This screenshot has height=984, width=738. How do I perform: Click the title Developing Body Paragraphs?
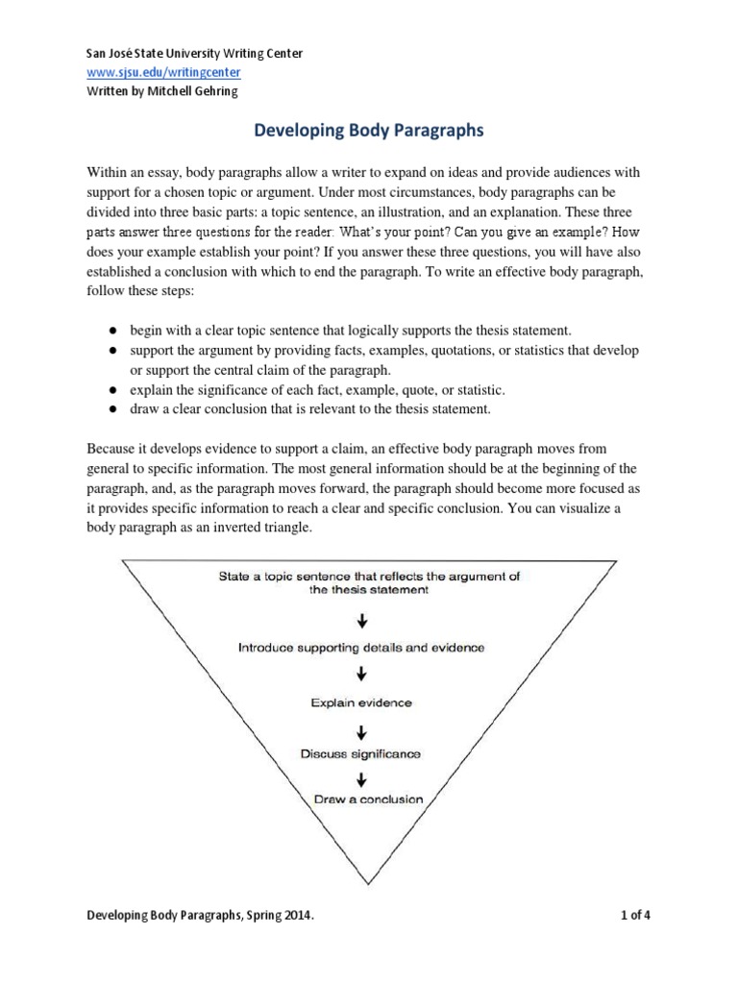(x=368, y=128)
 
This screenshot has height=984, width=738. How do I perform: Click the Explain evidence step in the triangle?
(x=360, y=702)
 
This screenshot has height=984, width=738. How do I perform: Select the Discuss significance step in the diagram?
(x=360, y=753)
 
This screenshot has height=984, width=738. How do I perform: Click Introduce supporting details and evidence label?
(x=360, y=648)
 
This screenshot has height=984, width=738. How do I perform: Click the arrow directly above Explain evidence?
(x=361, y=675)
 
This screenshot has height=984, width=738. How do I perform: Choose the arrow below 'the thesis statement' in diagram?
(x=361, y=620)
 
